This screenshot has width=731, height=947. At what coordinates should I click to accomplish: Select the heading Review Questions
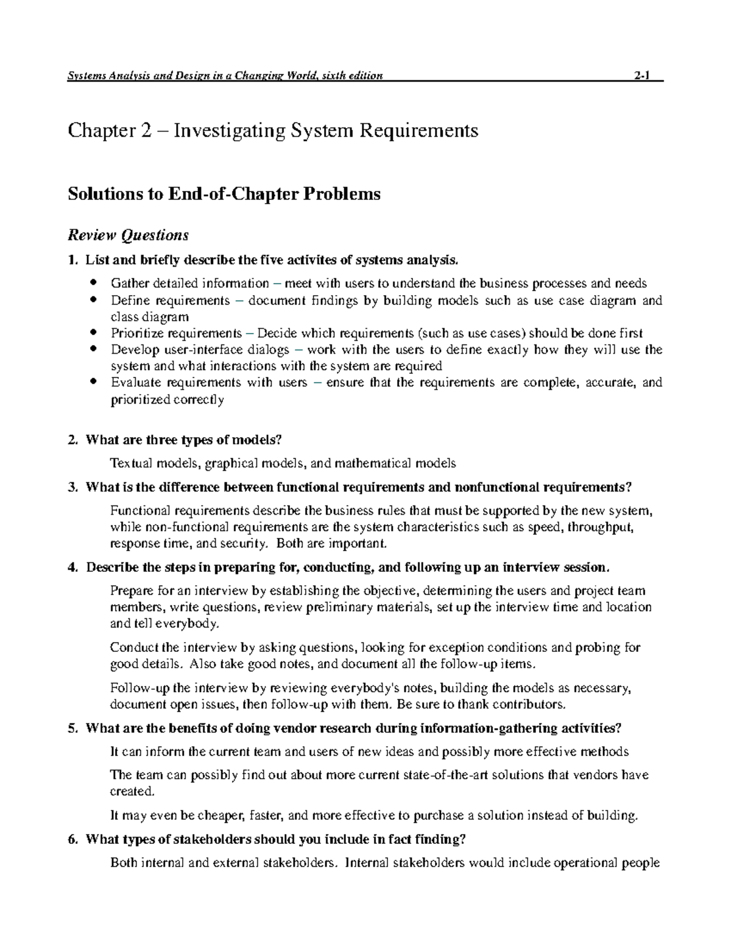128,235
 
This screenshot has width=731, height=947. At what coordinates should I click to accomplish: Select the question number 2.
72,440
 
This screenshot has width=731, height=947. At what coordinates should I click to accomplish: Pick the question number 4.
72,568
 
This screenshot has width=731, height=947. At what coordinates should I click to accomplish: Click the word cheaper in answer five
221,816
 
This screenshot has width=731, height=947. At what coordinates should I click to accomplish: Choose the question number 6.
72,840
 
